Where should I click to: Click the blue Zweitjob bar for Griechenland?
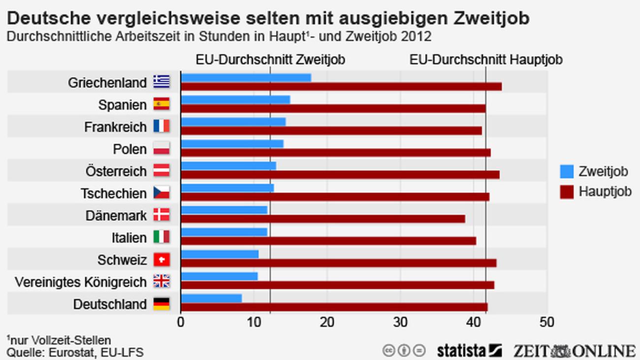pyautogui.click(x=246, y=77)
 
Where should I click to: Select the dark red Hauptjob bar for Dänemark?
pyautogui.click(x=323, y=219)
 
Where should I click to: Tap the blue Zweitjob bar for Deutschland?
pyautogui.click(x=211, y=298)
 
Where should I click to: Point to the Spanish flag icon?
pyautogui.click(x=161, y=104)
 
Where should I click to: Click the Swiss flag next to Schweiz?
pyautogui.click(x=161, y=259)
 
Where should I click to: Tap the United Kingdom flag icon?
pyautogui.click(x=161, y=281)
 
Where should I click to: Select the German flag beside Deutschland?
pyautogui.click(x=161, y=303)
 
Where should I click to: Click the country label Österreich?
pyautogui.click(x=116, y=171)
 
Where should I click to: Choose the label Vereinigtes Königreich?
pyautogui.click(x=81, y=282)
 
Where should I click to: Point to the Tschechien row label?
pyautogui.click(x=114, y=194)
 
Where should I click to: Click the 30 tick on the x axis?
pyautogui.click(x=401, y=322)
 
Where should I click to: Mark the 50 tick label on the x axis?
pyautogui.click(x=547, y=322)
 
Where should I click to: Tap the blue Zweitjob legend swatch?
pyautogui.click(x=567, y=171)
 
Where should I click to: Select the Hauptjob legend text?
pyautogui.click(x=605, y=191)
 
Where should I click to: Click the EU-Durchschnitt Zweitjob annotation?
pyautogui.click(x=270, y=60)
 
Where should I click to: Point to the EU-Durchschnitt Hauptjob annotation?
pyautogui.click(x=486, y=60)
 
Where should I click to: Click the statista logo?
pyautogui.click(x=469, y=350)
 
